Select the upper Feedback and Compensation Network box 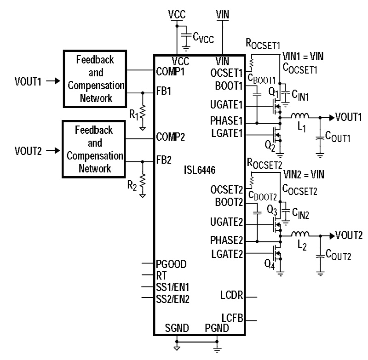(95, 79)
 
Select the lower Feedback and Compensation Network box (95, 149)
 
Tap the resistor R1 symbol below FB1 (143, 112)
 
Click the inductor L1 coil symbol (300, 115)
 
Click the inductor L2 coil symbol (300, 233)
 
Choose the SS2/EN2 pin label (173, 298)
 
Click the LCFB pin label (232, 318)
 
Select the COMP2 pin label (171, 137)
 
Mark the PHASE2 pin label (225, 240)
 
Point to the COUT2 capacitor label (338, 253)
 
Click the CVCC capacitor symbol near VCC (186, 34)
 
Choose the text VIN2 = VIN (304, 175)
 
